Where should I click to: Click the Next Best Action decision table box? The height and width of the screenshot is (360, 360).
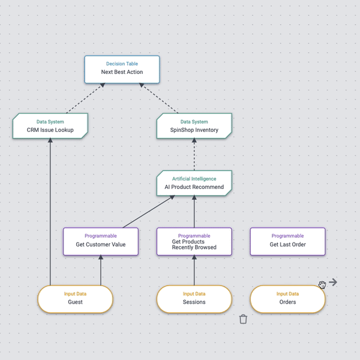(122, 69)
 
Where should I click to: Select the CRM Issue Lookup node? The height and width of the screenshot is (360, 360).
(50, 126)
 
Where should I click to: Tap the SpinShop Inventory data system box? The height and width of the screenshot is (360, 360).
(194, 126)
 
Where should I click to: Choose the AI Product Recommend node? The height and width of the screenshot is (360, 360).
(194, 184)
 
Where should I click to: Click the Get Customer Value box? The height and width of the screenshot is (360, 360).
(101, 241)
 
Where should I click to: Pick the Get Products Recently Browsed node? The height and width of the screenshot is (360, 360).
(194, 241)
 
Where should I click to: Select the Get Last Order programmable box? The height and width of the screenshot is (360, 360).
(287, 241)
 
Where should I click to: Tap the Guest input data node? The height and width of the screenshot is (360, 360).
(75, 299)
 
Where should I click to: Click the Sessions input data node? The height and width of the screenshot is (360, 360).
(194, 299)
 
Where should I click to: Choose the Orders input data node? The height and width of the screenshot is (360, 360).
(287, 299)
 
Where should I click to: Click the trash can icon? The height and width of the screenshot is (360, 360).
(243, 319)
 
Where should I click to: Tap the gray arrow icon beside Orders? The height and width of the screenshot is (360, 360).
(333, 282)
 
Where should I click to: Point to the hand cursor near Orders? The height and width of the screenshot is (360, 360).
(322, 284)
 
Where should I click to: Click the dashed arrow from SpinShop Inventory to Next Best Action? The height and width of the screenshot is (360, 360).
(160, 98)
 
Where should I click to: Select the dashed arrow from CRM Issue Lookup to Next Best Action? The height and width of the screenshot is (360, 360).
(85, 98)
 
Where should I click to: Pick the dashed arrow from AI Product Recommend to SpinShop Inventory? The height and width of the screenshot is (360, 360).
(194, 155)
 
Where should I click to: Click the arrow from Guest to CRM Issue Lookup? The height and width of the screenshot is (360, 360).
(50, 210)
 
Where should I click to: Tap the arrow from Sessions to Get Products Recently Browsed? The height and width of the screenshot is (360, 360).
(194, 270)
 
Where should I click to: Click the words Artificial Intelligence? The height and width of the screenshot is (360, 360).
(194, 179)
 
